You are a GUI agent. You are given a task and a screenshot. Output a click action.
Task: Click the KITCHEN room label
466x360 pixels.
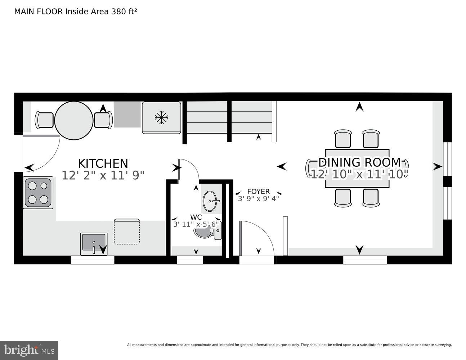point(103,163)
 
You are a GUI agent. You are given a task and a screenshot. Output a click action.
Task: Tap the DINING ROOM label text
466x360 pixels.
point(359,162)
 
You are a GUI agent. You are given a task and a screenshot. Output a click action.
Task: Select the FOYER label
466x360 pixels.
point(258,192)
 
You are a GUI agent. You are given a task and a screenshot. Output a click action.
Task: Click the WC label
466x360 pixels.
point(196,217)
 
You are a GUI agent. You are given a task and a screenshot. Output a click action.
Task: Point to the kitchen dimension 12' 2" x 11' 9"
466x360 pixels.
point(103,176)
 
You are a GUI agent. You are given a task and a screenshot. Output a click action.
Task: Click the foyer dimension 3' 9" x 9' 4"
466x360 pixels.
point(258,198)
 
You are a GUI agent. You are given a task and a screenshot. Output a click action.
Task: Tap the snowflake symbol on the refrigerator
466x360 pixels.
point(162,117)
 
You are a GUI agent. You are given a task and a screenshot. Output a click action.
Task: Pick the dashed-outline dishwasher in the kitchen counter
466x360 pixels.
point(127,231)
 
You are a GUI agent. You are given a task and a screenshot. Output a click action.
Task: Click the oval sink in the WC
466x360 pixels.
point(211,201)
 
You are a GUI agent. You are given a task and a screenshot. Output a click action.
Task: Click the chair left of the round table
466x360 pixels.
point(45,120)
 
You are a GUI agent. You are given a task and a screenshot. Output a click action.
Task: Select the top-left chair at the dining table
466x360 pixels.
point(343,139)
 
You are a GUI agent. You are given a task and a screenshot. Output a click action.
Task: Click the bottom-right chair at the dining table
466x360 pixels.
point(371,198)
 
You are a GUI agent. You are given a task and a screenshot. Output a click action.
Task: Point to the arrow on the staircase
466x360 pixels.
point(258,137)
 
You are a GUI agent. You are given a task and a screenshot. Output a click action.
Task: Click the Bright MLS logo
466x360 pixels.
point(29,350)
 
